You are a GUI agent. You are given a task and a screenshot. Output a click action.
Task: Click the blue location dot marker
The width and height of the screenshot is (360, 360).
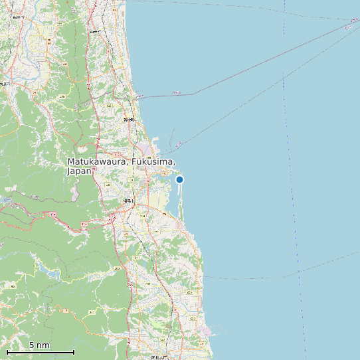[x=179, y=179]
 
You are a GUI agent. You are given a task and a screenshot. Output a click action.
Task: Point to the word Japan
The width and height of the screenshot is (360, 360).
[x=79, y=171]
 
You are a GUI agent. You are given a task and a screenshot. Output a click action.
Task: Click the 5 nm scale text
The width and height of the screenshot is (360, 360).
[x=39, y=345]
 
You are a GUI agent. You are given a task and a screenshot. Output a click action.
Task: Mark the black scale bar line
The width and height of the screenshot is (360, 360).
[x=40, y=352]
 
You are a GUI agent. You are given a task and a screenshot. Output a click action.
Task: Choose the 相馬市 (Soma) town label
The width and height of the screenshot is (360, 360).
[x=128, y=200]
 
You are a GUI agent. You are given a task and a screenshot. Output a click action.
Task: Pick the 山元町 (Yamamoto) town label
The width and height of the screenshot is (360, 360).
[x=95, y=31]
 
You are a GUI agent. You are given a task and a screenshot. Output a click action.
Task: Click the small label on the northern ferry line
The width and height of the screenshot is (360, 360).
[x=176, y=92]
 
